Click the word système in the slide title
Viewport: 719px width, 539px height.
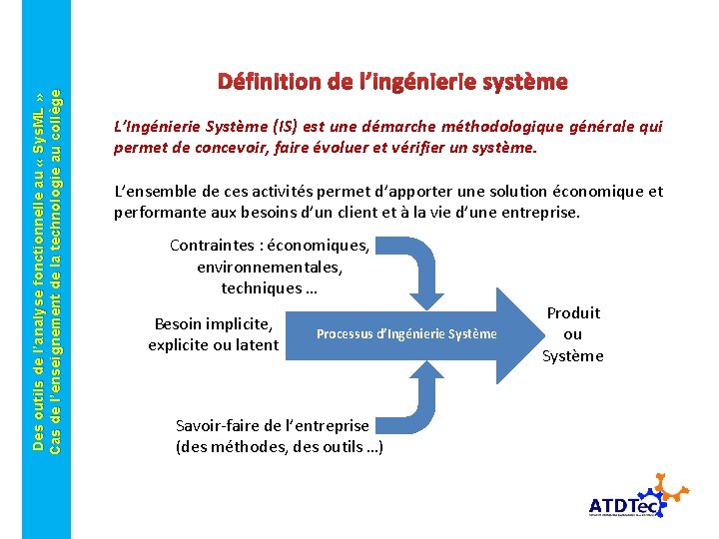[523, 81]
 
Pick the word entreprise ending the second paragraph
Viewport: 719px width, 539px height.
[538, 212]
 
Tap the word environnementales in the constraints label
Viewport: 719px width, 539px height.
[270, 267]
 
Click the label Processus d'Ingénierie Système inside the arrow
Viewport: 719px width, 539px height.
[405, 333]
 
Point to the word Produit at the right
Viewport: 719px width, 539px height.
[573, 313]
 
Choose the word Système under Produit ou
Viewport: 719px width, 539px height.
[573, 356]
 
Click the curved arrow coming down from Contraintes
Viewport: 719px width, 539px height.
[427, 269]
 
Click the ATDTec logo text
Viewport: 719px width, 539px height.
[624, 505]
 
